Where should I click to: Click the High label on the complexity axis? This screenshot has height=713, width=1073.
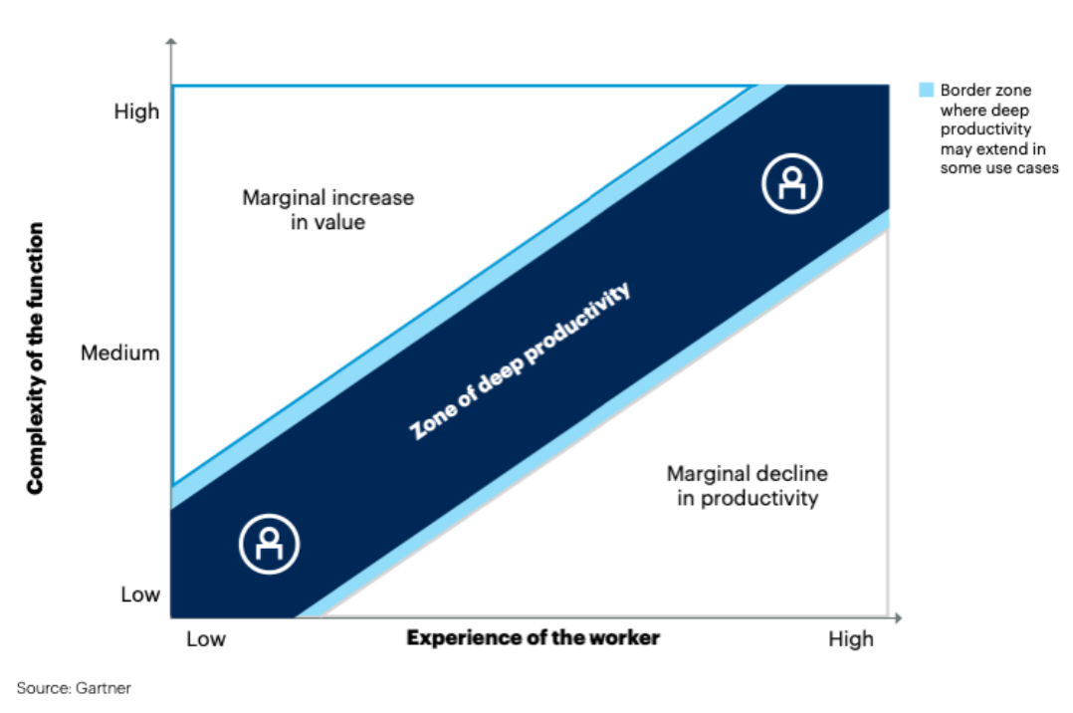136,112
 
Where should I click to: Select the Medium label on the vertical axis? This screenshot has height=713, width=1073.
120,353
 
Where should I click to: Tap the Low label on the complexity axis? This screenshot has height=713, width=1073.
140,594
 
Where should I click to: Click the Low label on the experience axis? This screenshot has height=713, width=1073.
206,638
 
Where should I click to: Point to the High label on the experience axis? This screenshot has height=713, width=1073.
851,638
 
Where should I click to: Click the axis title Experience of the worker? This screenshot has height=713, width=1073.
533,637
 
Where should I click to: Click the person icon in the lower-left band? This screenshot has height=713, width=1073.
270,542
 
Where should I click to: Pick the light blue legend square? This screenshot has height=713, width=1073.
926,91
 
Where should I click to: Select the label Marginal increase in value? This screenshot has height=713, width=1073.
328,209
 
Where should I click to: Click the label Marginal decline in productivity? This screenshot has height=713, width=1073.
748,485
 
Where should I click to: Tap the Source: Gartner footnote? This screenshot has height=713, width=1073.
74,687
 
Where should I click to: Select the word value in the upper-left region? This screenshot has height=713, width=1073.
341,222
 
